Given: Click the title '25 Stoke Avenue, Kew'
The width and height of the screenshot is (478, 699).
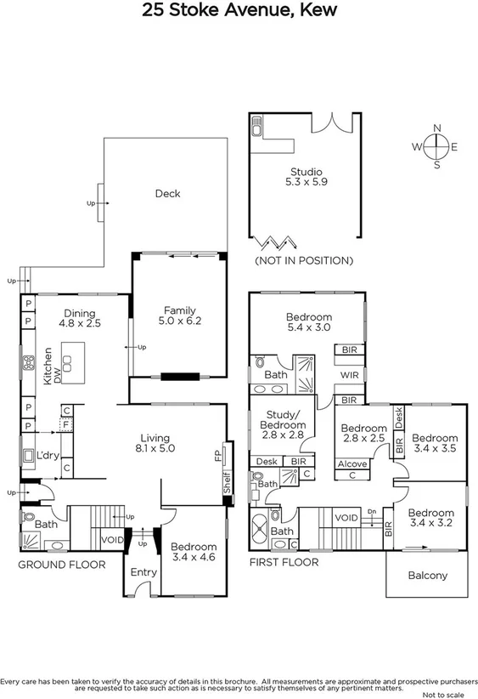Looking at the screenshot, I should [x=239, y=11].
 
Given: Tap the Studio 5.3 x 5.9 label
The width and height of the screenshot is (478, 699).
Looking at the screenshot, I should [x=306, y=176].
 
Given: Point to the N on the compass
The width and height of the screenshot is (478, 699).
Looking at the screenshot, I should [x=437, y=128].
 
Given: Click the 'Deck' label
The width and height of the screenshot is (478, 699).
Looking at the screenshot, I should [x=167, y=194].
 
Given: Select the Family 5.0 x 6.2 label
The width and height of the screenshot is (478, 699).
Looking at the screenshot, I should [x=179, y=315].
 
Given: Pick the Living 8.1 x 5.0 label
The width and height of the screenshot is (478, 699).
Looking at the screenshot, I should [x=156, y=442].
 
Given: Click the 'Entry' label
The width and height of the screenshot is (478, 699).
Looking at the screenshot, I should [x=143, y=572].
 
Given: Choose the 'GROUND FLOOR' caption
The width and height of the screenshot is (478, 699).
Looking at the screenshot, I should [x=63, y=564].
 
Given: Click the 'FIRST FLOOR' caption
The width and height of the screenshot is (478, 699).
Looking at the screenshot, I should [x=284, y=562].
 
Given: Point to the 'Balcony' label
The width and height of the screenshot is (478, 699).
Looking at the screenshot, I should [x=427, y=576].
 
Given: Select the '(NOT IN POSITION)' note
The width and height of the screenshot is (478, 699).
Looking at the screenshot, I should [x=304, y=260].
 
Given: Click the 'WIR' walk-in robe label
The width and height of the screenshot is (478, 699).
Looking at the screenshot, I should [x=349, y=374].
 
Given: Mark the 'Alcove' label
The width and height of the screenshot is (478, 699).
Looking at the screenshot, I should [x=352, y=463].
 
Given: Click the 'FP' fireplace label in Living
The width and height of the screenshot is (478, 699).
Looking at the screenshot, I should [x=218, y=456].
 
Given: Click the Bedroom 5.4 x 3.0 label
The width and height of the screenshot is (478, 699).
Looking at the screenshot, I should [x=308, y=322].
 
